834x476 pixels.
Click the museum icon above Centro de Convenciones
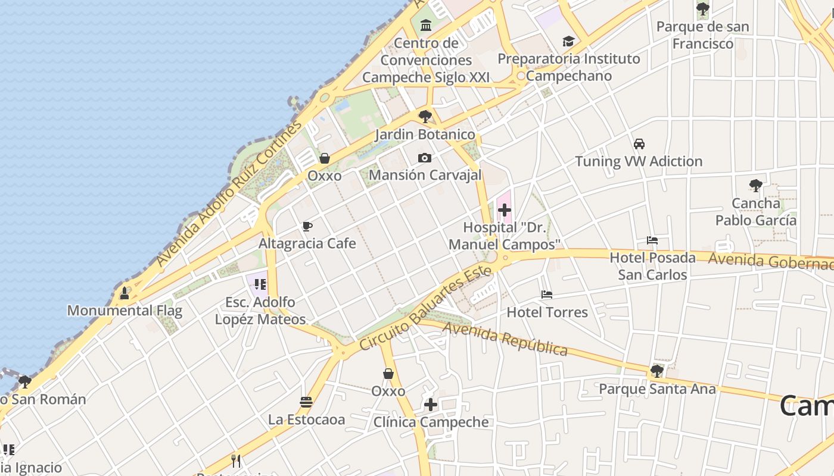point(426,26)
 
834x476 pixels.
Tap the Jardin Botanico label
point(425,134)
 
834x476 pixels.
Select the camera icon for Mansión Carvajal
point(425,158)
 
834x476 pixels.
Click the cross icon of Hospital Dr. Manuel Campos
point(505,210)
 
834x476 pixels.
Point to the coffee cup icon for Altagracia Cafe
point(307,226)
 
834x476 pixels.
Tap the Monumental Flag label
point(125,311)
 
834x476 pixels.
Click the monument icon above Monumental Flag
point(125,293)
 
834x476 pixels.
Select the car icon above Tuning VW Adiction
point(639,144)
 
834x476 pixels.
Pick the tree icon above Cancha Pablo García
point(756,186)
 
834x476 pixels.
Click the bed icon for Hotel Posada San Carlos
point(652,241)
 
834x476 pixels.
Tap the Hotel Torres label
point(547,312)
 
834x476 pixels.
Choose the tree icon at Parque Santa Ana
point(657,371)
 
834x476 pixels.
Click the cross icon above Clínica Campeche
point(431,405)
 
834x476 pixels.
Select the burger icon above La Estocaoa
point(306,402)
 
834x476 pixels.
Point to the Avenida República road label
point(505,339)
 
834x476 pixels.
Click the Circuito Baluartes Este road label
point(425,309)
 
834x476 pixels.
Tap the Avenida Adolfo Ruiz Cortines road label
point(229,195)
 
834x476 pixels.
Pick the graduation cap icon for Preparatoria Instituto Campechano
point(568,42)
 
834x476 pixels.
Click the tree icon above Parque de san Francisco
point(703,10)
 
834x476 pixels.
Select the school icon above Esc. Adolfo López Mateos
point(260,284)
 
